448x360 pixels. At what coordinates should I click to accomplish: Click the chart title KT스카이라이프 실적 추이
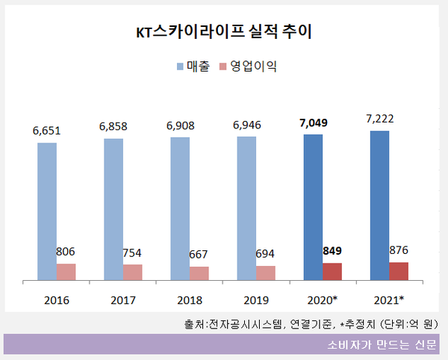click(224, 32)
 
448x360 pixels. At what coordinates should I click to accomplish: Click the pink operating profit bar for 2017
click(133, 273)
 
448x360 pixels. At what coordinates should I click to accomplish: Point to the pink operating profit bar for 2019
click(266, 273)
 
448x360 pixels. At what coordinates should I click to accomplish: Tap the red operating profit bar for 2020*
click(332, 272)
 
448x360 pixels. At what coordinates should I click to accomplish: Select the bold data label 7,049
click(312, 122)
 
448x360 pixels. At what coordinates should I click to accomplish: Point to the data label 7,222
click(379, 120)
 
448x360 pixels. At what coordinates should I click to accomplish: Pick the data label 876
click(399, 249)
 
